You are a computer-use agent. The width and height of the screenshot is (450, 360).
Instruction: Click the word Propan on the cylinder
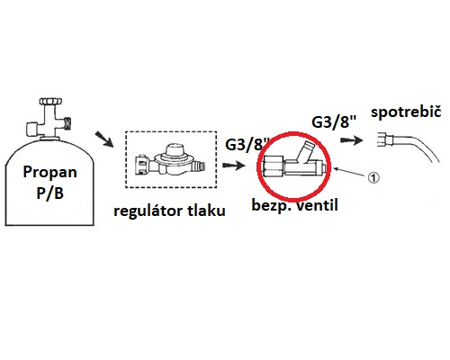coord(49,173)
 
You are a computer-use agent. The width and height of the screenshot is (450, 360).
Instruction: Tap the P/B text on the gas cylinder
coord(49,193)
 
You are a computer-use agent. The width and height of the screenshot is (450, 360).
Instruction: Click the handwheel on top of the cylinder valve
coord(51,101)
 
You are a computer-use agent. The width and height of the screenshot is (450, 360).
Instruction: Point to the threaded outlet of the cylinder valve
coord(68,123)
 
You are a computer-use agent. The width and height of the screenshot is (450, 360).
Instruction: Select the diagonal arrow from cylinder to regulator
coord(104,139)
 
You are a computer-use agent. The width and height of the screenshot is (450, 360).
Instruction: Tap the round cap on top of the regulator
coord(175,149)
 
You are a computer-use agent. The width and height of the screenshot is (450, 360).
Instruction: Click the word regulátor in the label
coord(148,211)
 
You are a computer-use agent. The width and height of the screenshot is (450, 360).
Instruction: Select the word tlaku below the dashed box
coord(207,210)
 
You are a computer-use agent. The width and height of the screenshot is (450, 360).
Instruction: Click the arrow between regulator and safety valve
coord(234,166)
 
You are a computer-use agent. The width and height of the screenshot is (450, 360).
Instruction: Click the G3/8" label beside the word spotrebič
coord(334,122)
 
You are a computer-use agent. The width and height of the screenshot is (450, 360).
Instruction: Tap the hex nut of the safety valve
coord(273,168)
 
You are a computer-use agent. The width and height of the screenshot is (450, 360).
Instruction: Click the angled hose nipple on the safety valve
coord(306,151)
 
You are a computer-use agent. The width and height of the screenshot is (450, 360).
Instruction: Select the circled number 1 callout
coord(373,177)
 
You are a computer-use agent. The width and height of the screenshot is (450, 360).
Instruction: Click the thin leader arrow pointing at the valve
coord(350,172)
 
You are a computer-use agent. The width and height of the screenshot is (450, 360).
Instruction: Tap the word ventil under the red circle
coord(317,205)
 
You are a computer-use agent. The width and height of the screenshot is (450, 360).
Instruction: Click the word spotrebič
coord(406,112)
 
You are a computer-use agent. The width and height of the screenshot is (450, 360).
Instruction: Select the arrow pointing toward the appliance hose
coord(351,140)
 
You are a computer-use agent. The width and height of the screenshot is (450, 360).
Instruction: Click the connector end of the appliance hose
coord(385,139)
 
